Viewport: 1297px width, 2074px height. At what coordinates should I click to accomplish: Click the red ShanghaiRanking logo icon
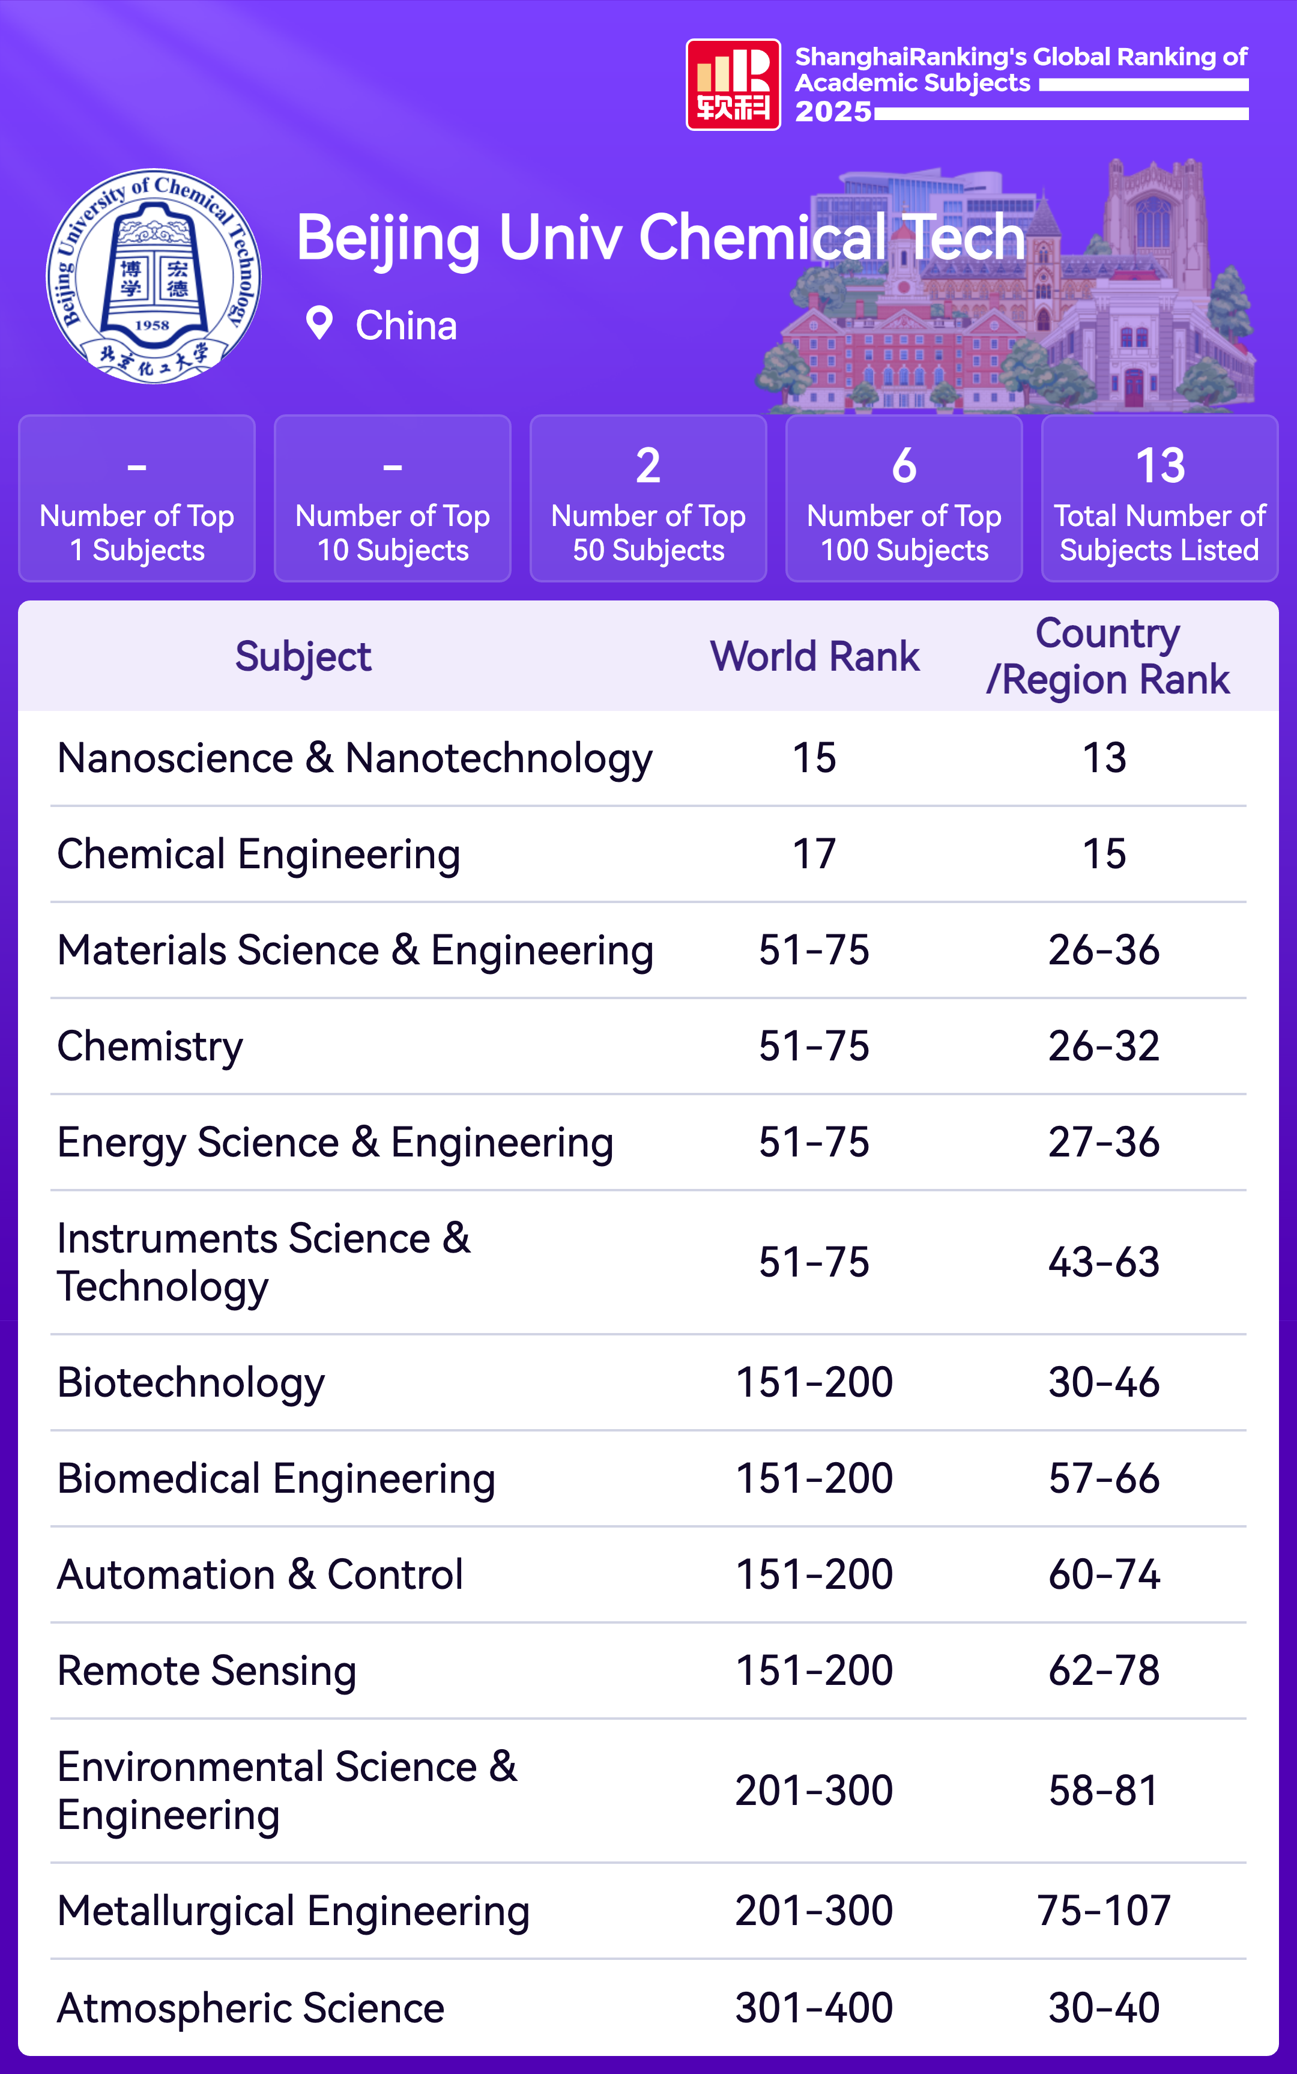point(733,84)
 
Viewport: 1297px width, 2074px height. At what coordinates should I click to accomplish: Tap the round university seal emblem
point(154,276)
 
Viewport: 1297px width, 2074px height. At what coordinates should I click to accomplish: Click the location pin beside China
point(319,324)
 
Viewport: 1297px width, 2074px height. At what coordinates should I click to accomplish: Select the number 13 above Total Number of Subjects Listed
point(1159,466)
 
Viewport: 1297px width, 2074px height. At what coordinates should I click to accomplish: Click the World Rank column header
point(814,656)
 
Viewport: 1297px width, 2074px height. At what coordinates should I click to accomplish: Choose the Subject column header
point(303,656)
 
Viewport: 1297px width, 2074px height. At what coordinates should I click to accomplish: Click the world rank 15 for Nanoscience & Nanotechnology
point(814,758)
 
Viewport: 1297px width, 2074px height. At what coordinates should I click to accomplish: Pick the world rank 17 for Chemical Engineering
point(814,854)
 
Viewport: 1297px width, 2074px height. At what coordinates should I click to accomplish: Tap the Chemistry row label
point(150,1047)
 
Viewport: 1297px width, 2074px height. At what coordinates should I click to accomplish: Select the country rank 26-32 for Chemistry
point(1104,1047)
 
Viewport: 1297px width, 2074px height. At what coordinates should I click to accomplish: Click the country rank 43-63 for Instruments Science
point(1104,1263)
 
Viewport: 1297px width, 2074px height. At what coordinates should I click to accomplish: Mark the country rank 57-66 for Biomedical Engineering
point(1104,1479)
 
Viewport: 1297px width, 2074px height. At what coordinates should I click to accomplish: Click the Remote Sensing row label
point(207,1671)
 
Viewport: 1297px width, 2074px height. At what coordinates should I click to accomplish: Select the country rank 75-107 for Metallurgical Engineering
point(1104,1911)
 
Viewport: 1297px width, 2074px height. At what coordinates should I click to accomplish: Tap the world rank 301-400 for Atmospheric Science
point(814,2008)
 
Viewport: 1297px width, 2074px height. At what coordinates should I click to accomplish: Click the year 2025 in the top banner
point(833,112)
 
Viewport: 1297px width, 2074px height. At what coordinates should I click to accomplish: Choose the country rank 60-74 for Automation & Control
point(1104,1575)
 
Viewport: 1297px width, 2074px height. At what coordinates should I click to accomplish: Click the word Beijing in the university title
point(388,238)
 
